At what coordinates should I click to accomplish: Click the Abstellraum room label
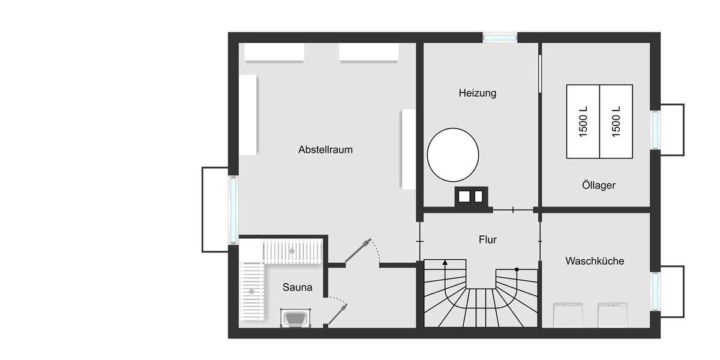(x=325, y=150)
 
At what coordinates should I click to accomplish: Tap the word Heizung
(x=477, y=93)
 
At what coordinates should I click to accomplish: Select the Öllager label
(x=598, y=185)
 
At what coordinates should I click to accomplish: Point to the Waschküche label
(x=595, y=261)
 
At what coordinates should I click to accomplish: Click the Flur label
(x=488, y=240)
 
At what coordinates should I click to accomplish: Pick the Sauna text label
(x=297, y=287)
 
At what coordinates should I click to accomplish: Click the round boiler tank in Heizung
(x=453, y=154)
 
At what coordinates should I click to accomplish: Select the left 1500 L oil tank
(x=583, y=121)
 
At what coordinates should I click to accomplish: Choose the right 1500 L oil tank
(x=616, y=121)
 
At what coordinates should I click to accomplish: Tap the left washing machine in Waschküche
(x=568, y=314)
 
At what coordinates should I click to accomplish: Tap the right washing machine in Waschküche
(x=613, y=314)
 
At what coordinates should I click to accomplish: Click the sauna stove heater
(x=295, y=318)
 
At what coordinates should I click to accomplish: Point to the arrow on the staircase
(x=445, y=262)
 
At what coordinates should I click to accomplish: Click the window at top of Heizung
(x=500, y=37)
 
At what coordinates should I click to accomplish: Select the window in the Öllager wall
(x=655, y=130)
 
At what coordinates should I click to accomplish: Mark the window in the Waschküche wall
(x=655, y=292)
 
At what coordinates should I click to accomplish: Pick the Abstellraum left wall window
(x=233, y=208)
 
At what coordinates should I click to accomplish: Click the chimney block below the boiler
(x=472, y=196)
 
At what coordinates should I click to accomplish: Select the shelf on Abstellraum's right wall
(x=408, y=149)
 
